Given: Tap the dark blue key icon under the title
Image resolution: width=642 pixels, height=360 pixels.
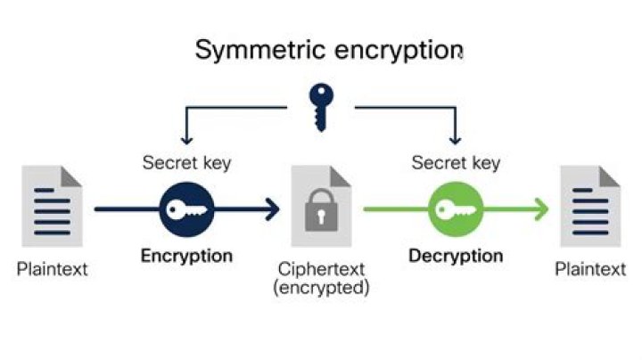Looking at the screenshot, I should (320, 105).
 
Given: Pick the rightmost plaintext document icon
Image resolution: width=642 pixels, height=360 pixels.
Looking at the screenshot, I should (589, 207).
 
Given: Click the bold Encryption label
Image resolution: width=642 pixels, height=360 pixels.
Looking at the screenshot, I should (186, 256).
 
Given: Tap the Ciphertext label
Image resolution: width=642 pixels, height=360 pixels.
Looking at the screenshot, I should (323, 268).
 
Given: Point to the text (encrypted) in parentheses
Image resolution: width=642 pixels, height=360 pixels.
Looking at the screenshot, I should (323, 288).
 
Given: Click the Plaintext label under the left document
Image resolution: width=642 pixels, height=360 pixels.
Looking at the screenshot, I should (53, 268).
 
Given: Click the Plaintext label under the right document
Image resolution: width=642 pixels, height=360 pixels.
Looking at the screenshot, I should (589, 268).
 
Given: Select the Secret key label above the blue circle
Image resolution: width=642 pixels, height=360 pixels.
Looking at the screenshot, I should (186, 163).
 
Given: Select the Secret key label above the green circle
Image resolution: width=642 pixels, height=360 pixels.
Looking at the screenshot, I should (456, 163).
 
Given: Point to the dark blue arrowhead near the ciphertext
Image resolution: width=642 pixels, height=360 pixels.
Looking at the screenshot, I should (270, 210).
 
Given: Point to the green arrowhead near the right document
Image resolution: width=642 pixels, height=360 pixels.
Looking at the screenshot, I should (540, 210).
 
